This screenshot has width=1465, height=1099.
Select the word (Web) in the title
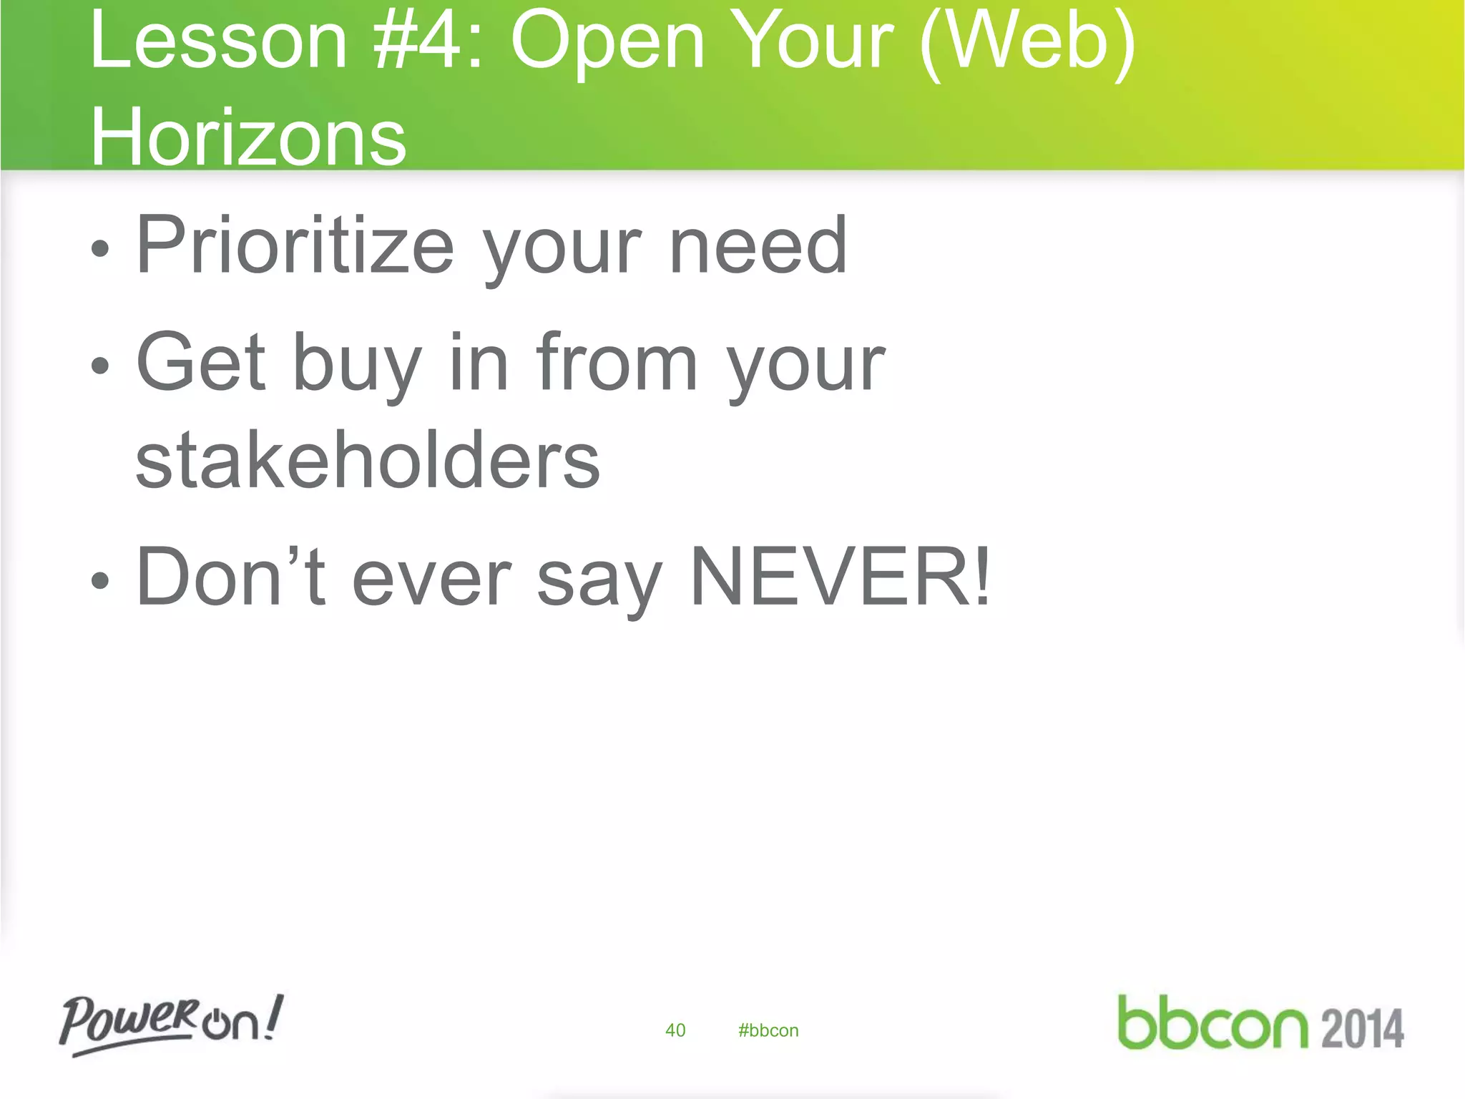click(x=1027, y=43)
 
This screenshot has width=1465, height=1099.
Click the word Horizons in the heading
click(x=248, y=136)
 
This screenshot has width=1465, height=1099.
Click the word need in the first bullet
click(x=758, y=246)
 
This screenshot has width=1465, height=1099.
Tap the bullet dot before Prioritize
click(x=101, y=249)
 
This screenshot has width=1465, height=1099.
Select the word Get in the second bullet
click(x=201, y=363)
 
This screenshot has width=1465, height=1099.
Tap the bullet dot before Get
click(x=101, y=366)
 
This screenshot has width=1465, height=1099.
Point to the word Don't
click(x=230, y=577)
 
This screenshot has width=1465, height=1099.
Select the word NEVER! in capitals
click(x=841, y=577)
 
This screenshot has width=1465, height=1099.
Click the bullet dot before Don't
click(x=101, y=581)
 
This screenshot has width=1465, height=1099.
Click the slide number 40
click(x=675, y=1030)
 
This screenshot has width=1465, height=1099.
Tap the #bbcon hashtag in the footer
click(x=768, y=1030)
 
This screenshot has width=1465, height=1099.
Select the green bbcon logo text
click(x=1212, y=1023)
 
